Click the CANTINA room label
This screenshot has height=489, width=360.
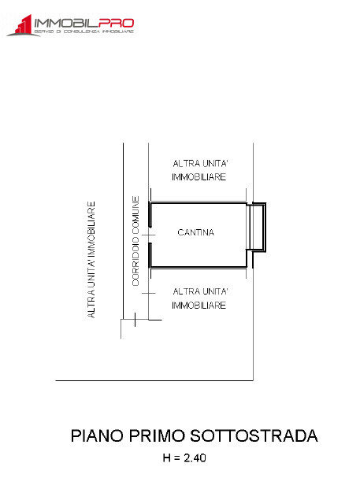pyautogui.click(x=195, y=232)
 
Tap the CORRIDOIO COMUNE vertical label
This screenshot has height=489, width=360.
pyautogui.click(x=135, y=241)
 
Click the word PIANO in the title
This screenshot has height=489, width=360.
pyautogui.click(x=97, y=435)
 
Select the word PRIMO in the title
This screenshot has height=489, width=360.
pyautogui.click(x=157, y=435)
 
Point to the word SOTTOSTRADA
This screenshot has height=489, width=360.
pyautogui.click(x=254, y=435)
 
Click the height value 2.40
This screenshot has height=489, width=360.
pyautogui.click(x=195, y=458)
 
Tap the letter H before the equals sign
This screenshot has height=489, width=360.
pyautogui.click(x=166, y=458)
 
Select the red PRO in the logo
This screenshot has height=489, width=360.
pyautogui.click(x=117, y=23)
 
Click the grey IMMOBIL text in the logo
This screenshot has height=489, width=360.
pyautogui.click(x=66, y=23)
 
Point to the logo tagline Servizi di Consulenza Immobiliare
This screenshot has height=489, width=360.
pyautogui.click(x=84, y=31)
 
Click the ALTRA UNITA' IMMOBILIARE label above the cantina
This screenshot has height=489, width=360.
pyautogui.click(x=199, y=170)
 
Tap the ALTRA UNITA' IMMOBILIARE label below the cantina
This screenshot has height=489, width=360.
pyautogui.click(x=199, y=298)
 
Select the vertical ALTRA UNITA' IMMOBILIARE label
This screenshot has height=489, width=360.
pyautogui.click(x=91, y=260)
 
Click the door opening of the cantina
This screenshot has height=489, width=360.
pyautogui.click(x=150, y=235)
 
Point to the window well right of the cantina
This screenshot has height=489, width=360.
pyautogui.click(x=256, y=227)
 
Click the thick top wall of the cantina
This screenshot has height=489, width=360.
pyautogui.click(x=198, y=203)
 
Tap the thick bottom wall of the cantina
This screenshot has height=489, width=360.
pyautogui.click(x=198, y=267)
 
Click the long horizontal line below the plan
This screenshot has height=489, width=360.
pyautogui.click(x=154, y=380)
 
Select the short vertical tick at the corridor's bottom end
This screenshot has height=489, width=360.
pyautogui.click(x=135, y=320)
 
